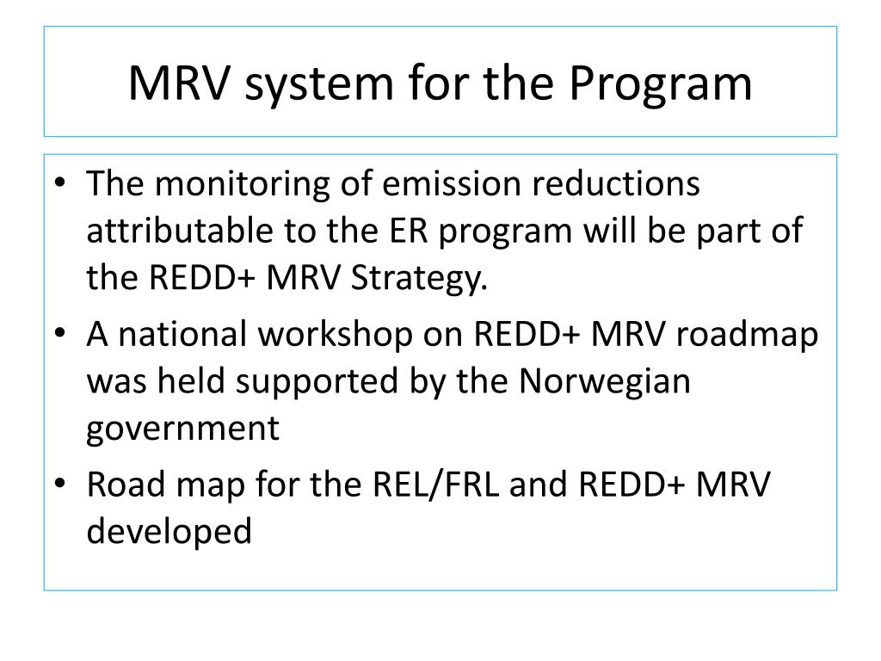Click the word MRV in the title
[x=178, y=83]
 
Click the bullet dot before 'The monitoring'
[x=64, y=185]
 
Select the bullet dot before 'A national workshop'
[x=64, y=335]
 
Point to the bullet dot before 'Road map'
[x=64, y=485]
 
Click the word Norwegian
[x=605, y=382]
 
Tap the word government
[x=183, y=429]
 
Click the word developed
[x=169, y=532]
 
